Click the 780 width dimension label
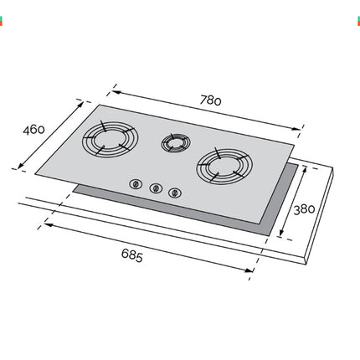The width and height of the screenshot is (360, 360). (x=210, y=99)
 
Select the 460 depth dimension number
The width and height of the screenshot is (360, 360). (x=33, y=131)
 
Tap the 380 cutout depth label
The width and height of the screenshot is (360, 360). (x=306, y=209)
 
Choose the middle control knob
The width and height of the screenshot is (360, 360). (x=154, y=189)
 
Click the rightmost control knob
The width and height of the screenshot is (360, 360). (x=174, y=193)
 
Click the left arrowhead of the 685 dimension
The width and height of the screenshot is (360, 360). (x=48, y=224)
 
